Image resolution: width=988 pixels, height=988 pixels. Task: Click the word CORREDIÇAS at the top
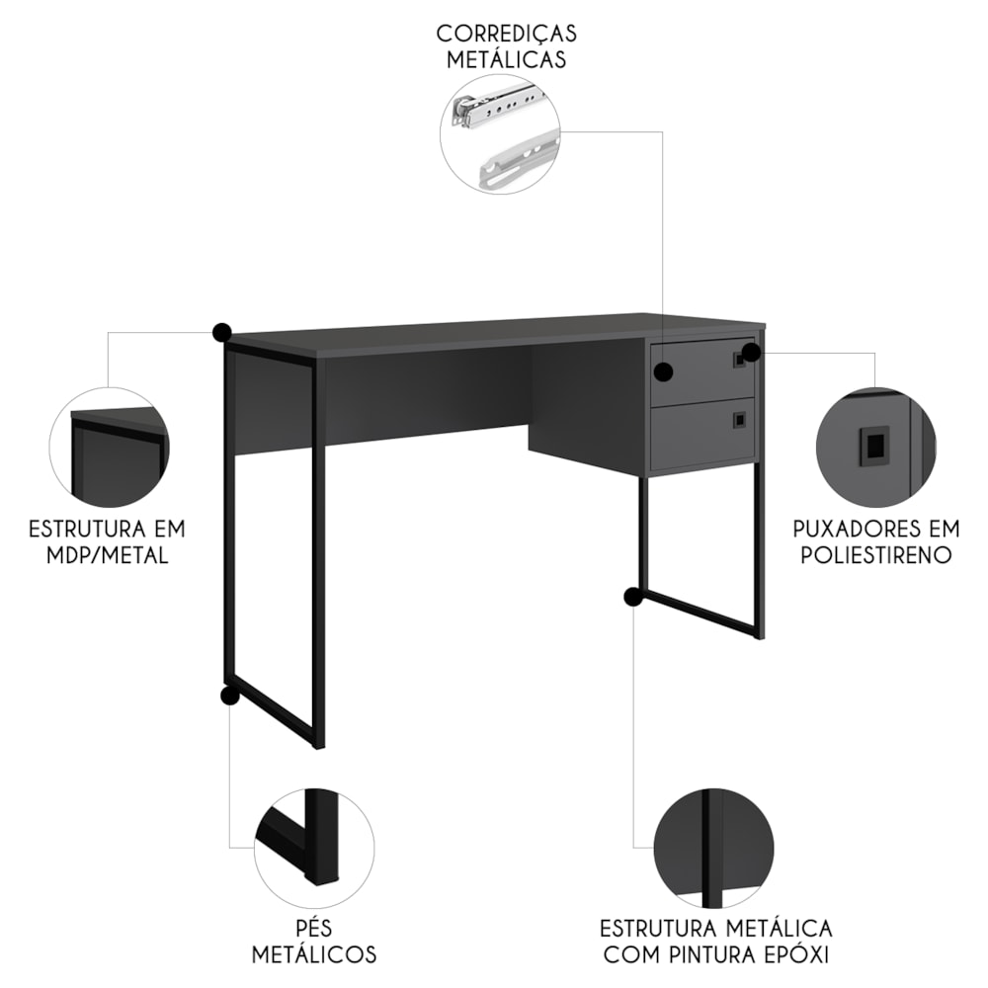pyautogui.click(x=507, y=34)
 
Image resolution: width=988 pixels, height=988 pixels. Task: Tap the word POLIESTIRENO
pyautogui.click(x=876, y=555)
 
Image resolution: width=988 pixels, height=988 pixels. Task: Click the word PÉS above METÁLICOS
pyautogui.click(x=313, y=927)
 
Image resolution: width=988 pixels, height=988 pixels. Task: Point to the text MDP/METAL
pyautogui.click(x=107, y=555)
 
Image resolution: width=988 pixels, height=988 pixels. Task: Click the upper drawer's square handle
pyautogui.click(x=738, y=360)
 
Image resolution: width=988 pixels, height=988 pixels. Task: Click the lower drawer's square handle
pyautogui.click(x=739, y=420)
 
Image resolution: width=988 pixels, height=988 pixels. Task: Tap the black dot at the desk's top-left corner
pyautogui.click(x=221, y=332)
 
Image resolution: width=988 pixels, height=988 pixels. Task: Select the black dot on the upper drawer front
pyautogui.click(x=663, y=372)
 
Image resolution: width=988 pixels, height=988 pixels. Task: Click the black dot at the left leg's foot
pyautogui.click(x=229, y=695)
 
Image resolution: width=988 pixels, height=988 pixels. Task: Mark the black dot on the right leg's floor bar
pyautogui.click(x=633, y=596)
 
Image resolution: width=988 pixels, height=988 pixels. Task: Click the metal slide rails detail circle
pyautogui.click(x=500, y=133)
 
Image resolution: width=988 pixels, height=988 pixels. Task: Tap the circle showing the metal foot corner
pyautogui.click(x=314, y=847)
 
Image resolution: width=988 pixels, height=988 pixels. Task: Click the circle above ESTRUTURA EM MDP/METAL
pyautogui.click(x=110, y=447)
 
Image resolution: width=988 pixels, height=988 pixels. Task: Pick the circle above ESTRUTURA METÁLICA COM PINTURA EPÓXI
pyautogui.click(x=714, y=847)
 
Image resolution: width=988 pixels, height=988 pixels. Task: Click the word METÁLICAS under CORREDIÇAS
pyautogui.click(x=507, y=60)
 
